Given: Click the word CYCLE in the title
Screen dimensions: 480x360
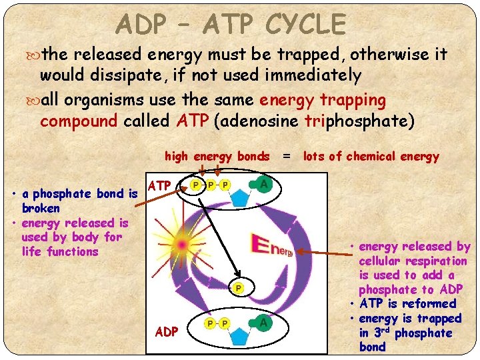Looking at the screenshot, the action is click(x=305, y=25).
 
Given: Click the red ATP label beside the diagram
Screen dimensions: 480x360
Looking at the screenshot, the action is click(x=160, y=185).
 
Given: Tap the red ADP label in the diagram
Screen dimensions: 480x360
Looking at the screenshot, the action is click(x=166, y=331).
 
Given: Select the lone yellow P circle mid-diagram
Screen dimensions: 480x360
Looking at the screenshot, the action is click(x=237, y=288).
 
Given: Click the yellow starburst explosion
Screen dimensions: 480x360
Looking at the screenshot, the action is click(x=181, y=245).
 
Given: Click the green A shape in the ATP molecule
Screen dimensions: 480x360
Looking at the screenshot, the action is click(x=265, y=183).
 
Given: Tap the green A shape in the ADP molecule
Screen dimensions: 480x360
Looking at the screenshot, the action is click(x=265, y=323).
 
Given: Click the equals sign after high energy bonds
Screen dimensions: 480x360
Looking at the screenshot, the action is click(x=286, y=157).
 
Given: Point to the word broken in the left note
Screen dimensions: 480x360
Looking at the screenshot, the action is click(x=40, y=208).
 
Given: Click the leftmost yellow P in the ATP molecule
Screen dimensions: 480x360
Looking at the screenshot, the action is click(x=196, y=184).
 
